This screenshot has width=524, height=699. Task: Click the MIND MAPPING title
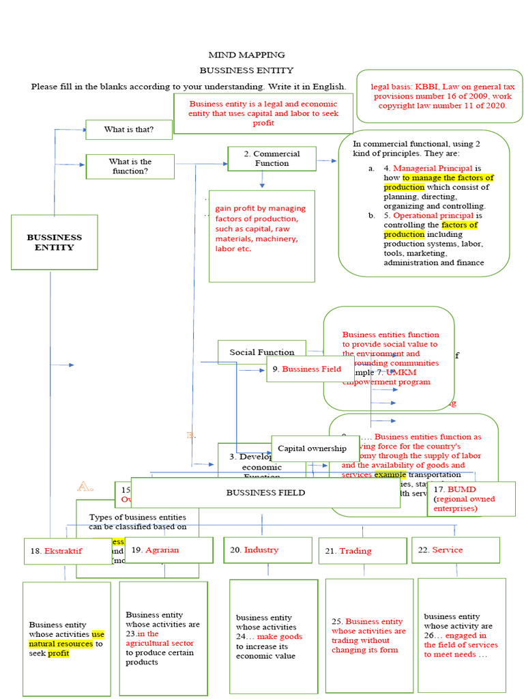(246, 55)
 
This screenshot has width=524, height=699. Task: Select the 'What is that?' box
(128, 130)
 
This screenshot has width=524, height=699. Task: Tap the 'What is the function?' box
(130, 167)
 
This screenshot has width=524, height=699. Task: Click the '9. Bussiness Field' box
(310, 369)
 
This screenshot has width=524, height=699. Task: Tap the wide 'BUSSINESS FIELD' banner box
(265, 492)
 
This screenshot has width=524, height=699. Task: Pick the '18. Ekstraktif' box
(63, 551)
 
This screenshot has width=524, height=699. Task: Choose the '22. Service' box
(455, 550)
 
